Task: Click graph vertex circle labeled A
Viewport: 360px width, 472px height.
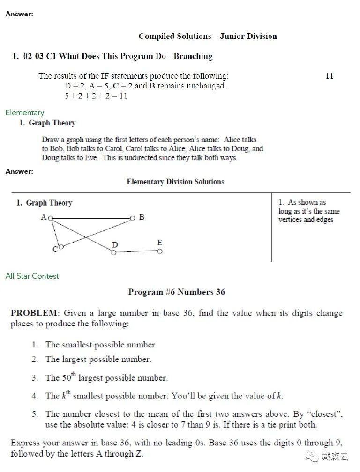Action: point(51,218)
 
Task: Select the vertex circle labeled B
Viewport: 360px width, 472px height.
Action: point(133,218)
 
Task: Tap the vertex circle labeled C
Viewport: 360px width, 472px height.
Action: point(60,247)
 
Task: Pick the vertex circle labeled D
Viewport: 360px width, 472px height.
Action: point(113,253)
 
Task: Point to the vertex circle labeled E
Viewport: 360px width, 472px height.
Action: point(160,251)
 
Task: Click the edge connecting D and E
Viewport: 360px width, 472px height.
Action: point(136,252)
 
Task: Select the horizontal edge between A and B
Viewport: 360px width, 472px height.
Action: point(91,218)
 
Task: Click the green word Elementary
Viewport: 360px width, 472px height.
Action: point(25,113)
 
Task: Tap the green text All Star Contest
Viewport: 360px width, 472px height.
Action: point(32,276)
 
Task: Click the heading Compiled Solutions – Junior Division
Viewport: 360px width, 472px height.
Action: point(208,36)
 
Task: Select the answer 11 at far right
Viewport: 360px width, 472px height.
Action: point(329,76)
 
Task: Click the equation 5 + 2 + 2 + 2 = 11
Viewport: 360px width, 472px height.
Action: point(96,96)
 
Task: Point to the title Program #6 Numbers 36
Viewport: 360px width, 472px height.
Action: point(177,292)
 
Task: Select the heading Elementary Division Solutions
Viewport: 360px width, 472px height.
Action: point(175,182)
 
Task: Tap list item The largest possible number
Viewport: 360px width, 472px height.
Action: point(98,360)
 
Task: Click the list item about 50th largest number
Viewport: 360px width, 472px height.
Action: point(106,377)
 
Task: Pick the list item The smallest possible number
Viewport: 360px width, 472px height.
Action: point(101,345)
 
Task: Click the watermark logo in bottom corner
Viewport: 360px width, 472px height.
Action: point(310,457)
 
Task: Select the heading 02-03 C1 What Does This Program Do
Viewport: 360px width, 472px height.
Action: point(112,56)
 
